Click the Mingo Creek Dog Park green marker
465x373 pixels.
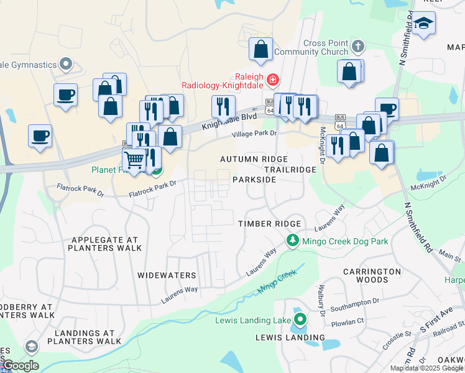coord(292,241)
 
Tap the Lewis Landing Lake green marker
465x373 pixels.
coord(300,321)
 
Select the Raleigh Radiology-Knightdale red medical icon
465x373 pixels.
coord(272,80)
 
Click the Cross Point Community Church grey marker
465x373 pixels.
coord(357,47)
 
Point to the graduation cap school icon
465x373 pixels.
coord(424,24)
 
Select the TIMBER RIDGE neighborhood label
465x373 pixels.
coord(270,224)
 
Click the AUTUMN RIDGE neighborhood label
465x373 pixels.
coord(246,159)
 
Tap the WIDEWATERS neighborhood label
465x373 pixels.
coord(167,275)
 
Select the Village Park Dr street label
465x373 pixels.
coord(254,134)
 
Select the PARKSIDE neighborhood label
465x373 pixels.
coord(254,179)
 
